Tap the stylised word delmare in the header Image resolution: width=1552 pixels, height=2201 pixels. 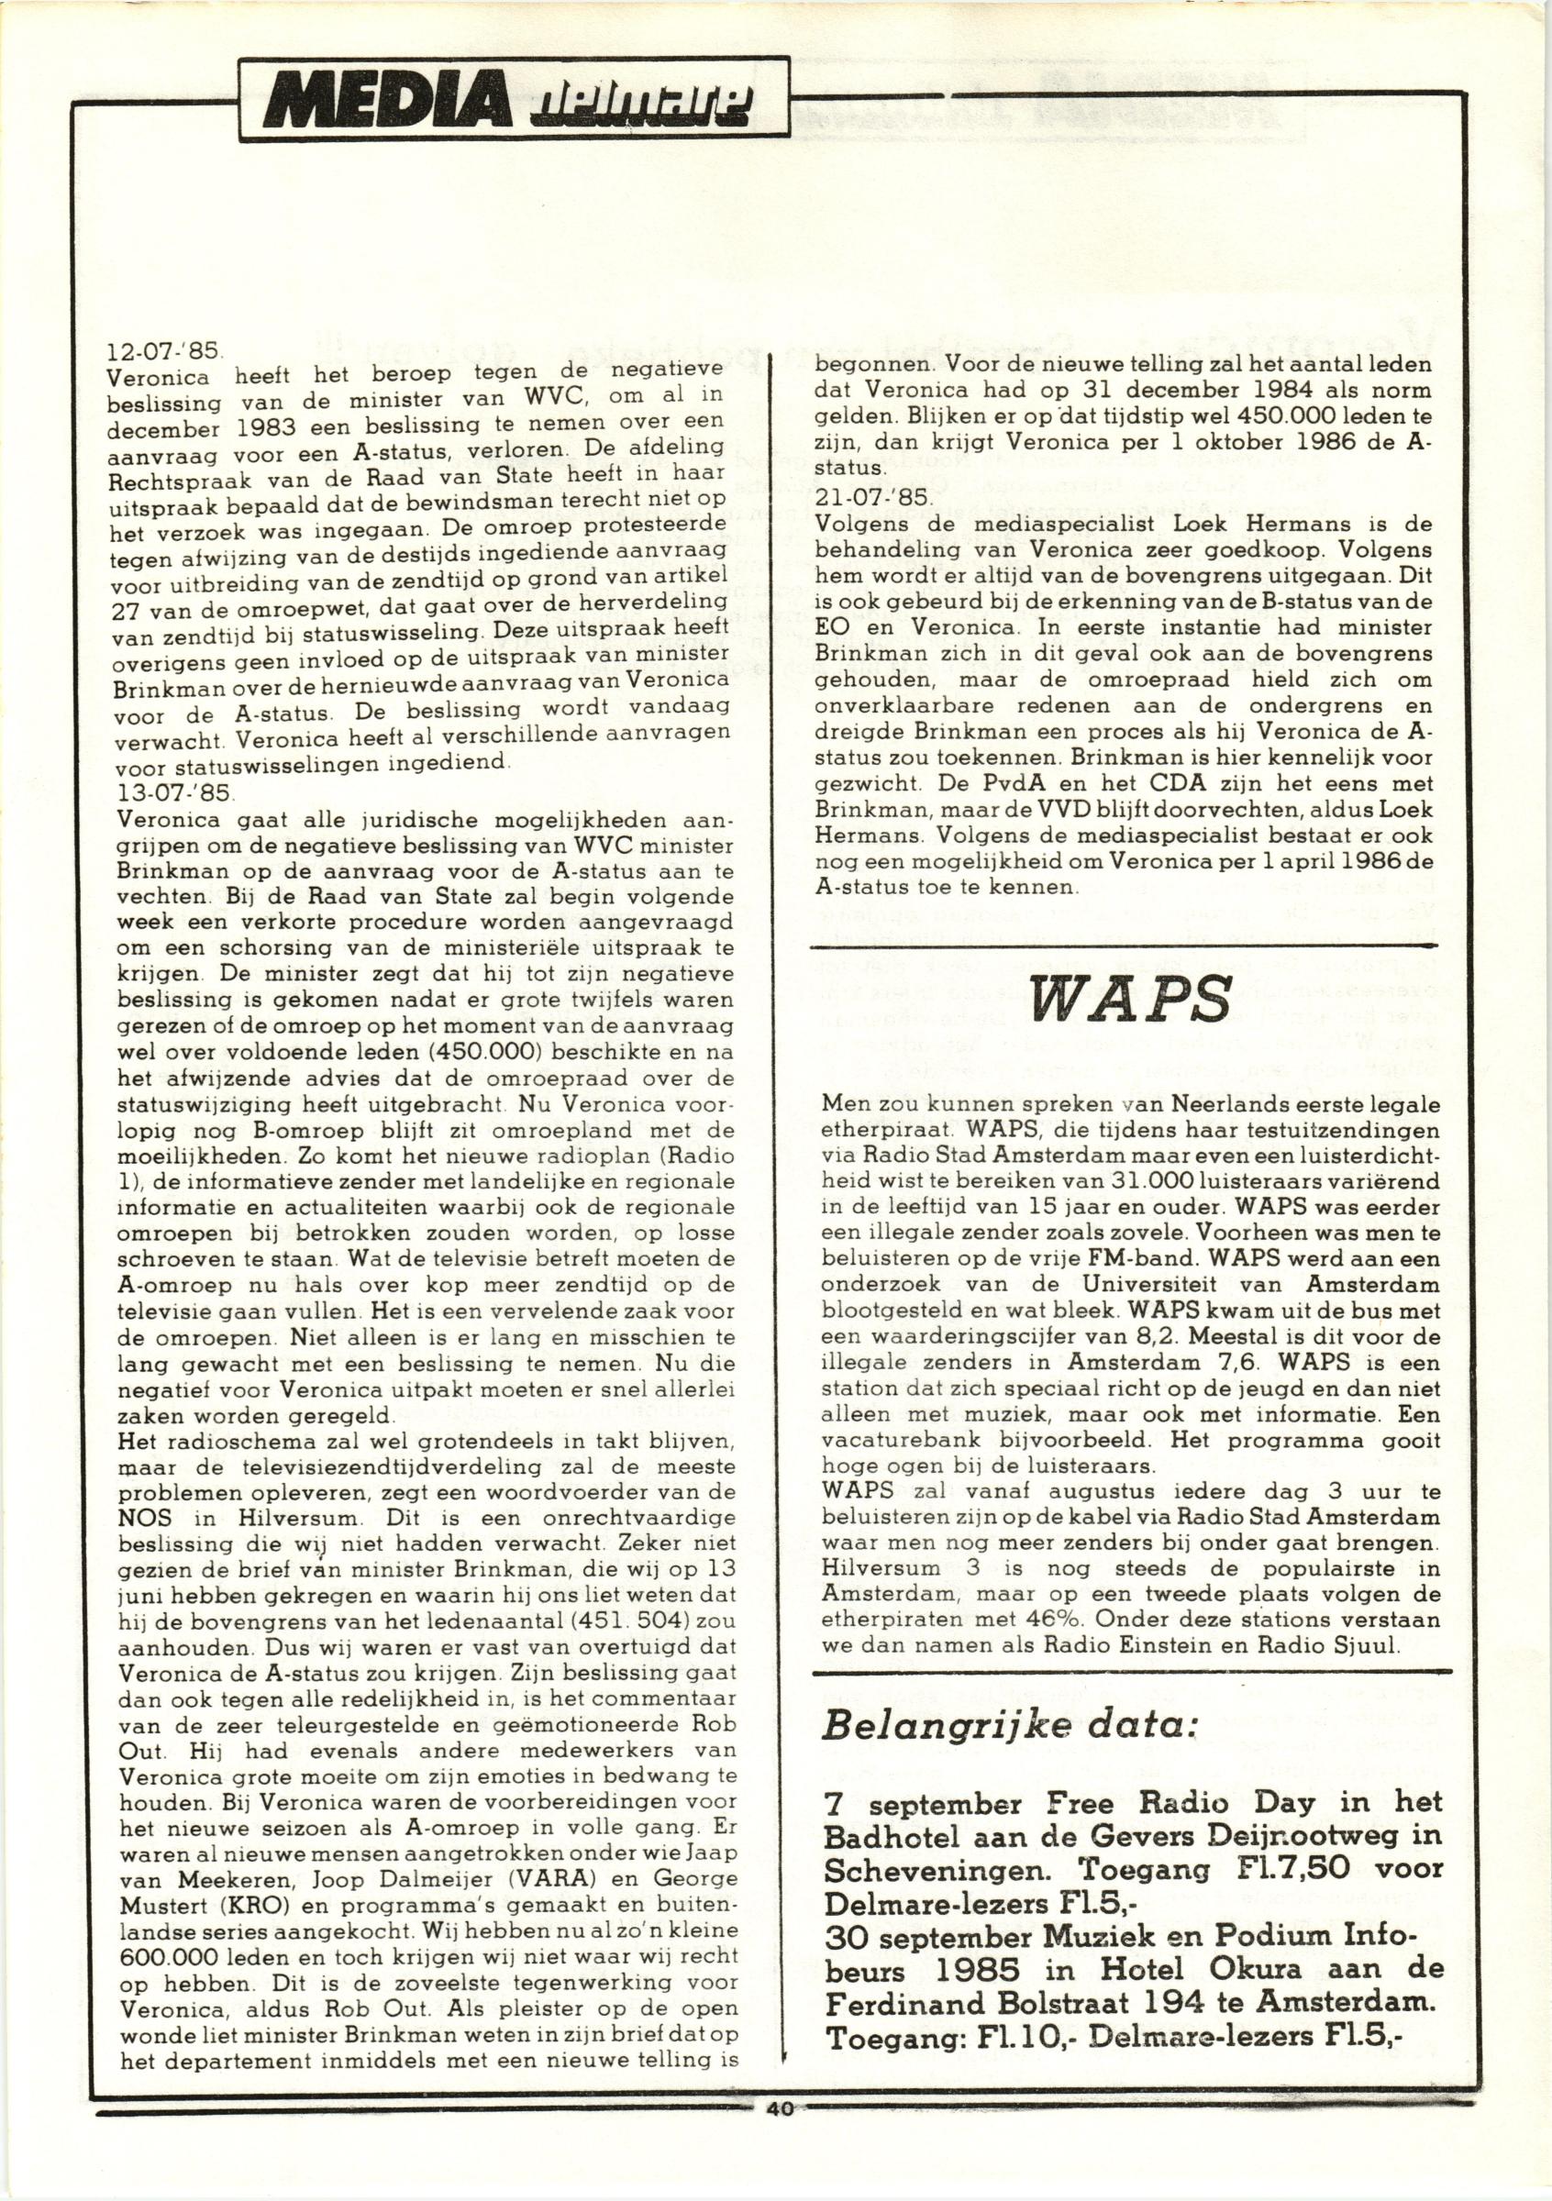coord(651,101)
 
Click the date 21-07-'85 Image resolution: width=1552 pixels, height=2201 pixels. coord(858,499)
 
